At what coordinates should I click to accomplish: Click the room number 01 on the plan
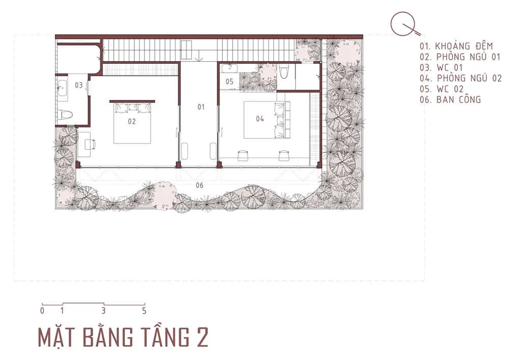point(201,107)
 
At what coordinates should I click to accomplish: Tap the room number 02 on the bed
point(131,121)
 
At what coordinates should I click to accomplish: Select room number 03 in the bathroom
point(79,85)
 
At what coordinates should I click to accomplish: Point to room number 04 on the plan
point(260,119)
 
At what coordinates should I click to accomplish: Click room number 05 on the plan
point(230,81)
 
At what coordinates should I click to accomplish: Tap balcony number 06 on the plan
point(200,185)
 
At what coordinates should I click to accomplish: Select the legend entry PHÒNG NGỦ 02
point(469,78)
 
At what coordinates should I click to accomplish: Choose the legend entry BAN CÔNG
point(459,100)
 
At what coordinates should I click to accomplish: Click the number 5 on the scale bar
point(144,311)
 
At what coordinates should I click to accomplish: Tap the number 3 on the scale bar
point(103,311)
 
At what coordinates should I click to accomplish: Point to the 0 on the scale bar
point(42,311)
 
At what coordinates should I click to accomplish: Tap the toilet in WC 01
point(65,115)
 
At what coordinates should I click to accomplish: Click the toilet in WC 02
point(284,72)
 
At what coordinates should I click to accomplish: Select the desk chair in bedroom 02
point(90,144)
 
